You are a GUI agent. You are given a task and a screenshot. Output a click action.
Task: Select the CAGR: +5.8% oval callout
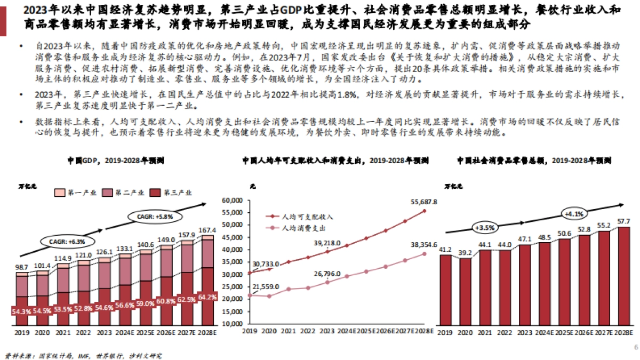pyautogui.click(x=155, y=217)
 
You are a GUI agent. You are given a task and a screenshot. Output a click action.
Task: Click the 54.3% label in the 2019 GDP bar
pyautogui.click(x=21, y=311)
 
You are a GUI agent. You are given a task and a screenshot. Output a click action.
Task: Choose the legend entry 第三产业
pyautogui.click(x=171, y=193)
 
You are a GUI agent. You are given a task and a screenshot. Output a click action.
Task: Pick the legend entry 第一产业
pyautogui.click(x=75, y=193)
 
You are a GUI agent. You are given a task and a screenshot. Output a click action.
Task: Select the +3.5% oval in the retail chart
pyautogui.click(x=483, y=227)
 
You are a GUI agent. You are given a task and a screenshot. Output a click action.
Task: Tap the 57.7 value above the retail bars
pyautogui.click(x=623, y=220)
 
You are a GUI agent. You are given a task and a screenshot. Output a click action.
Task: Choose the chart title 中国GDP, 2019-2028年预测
pyautogui.click(x=115, y=160)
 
